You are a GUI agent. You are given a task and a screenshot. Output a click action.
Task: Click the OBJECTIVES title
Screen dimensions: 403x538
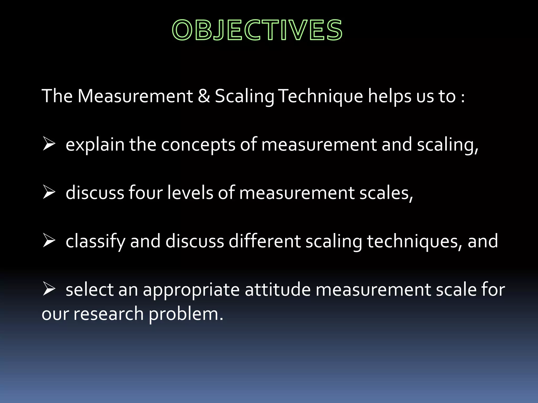257,30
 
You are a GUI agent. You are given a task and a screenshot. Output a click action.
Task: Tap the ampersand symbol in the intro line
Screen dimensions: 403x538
204,96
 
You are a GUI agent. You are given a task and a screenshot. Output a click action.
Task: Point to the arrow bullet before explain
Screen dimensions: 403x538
49,144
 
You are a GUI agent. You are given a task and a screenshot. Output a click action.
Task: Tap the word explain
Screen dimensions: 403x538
95,145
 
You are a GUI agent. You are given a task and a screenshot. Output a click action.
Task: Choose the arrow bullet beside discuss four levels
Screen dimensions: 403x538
49,193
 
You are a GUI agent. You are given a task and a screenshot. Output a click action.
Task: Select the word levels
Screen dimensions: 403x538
190,193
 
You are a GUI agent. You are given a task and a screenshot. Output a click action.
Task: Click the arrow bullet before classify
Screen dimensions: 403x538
49,241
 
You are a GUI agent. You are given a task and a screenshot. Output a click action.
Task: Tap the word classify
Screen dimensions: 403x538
95,241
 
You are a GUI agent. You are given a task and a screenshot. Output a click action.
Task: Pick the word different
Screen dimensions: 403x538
265,241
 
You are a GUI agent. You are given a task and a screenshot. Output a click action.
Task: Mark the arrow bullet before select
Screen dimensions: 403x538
49,289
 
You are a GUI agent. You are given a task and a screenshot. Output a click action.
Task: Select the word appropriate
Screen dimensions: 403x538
191,290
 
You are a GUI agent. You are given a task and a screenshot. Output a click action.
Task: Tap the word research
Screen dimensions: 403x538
108,314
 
